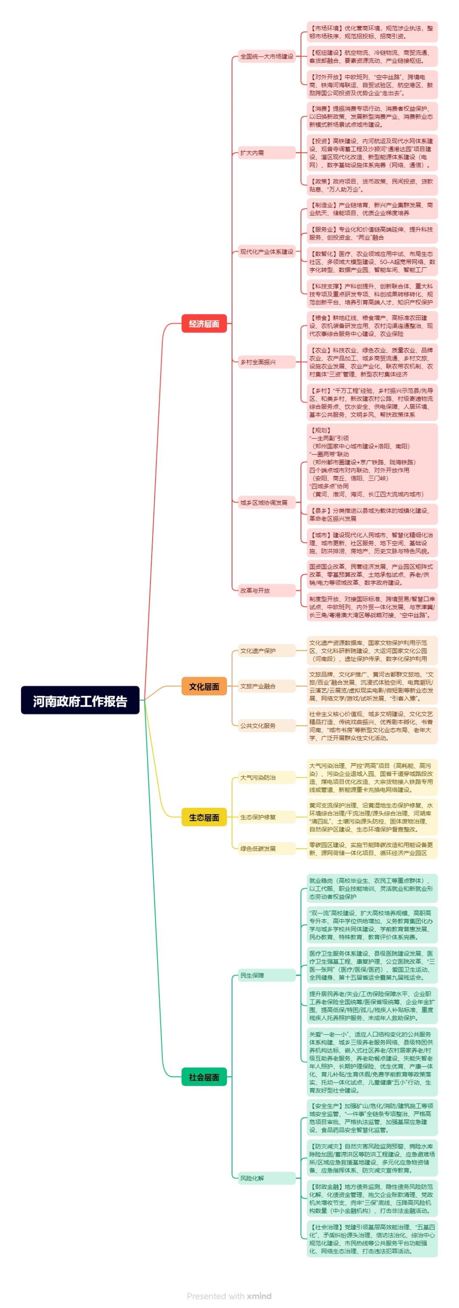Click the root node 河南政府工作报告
80,701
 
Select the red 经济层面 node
204,324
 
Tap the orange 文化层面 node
204,687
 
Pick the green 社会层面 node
204,1077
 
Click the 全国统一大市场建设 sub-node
266,56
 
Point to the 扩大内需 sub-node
266,153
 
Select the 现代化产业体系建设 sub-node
266,252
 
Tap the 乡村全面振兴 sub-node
266,362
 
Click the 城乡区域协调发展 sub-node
266,503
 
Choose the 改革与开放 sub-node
266,590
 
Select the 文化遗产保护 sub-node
266,651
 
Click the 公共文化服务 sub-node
266,726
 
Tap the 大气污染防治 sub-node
266,777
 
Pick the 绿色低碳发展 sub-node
266,848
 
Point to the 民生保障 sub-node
266,975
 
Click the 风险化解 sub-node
266,1178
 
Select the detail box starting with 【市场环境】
372,32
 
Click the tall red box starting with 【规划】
372,462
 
